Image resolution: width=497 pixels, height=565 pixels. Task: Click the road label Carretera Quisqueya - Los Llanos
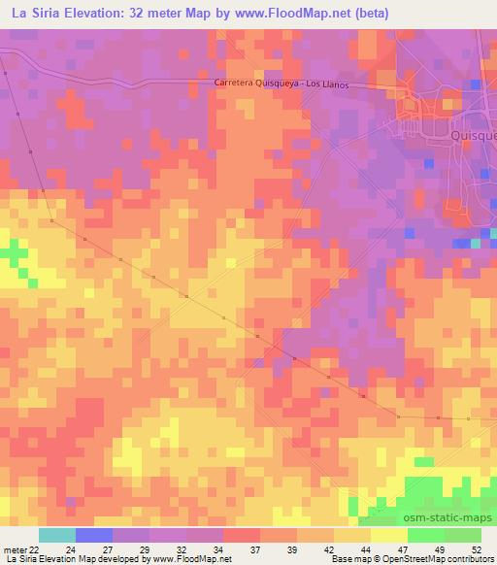click(281, 83)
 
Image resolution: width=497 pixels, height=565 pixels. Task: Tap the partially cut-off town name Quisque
click(474, 137)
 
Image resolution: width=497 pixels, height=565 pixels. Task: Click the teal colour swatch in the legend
click(57, 535)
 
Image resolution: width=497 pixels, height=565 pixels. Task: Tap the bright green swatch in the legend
click(426, 535)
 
